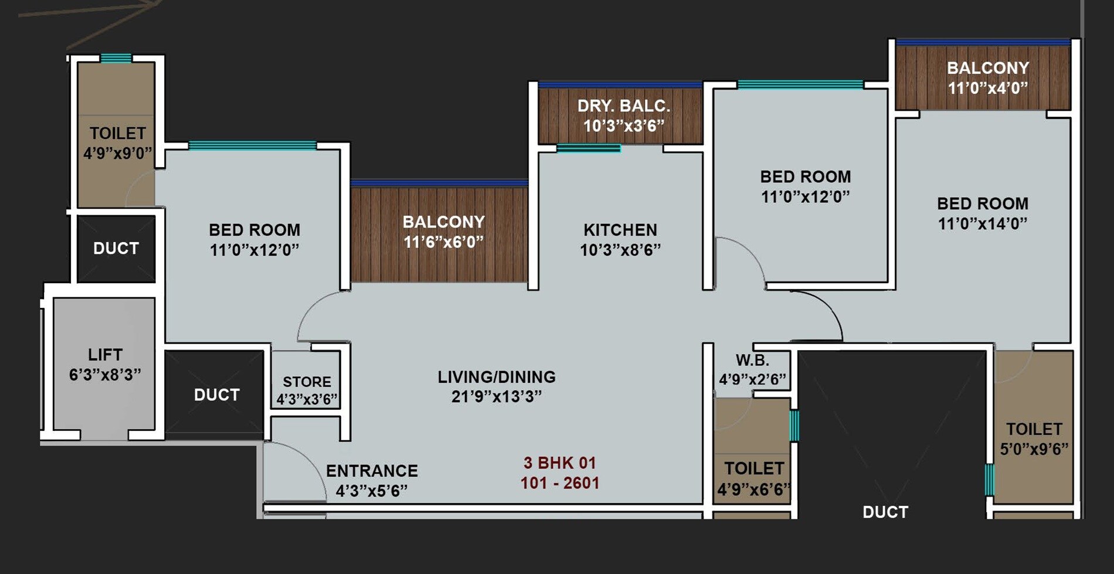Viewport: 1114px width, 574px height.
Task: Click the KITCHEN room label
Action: click(620, 230)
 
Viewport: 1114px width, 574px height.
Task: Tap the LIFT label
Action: click(105, 355)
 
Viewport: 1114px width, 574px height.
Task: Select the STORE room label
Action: click(307, 382)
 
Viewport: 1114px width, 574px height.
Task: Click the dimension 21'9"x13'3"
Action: click(496, 397)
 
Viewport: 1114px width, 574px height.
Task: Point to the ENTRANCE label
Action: click(372, 471)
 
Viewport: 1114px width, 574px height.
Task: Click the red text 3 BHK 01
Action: click(559, 463)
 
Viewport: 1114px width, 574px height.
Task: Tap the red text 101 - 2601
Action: click(559, 483)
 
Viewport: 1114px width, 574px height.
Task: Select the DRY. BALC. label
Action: click(623, 106)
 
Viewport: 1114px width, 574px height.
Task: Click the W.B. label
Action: click(752, 360)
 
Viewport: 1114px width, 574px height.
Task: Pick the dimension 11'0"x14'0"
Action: click(982, 223)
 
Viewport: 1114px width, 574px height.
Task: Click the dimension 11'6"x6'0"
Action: click(443, 242)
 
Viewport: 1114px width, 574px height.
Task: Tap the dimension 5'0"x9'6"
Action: click(1034, 449)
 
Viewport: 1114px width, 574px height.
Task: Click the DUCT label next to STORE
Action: click(216, 395)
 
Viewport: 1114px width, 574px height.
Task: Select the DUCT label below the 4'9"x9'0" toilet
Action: click(116, 249)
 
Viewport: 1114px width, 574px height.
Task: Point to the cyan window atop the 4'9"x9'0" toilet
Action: click(116, 58)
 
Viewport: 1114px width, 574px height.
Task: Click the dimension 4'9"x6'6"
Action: click(753, 489)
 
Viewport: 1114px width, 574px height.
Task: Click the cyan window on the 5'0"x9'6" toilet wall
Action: click(989, 480)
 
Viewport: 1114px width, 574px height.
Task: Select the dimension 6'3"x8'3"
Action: click(105, 375)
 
